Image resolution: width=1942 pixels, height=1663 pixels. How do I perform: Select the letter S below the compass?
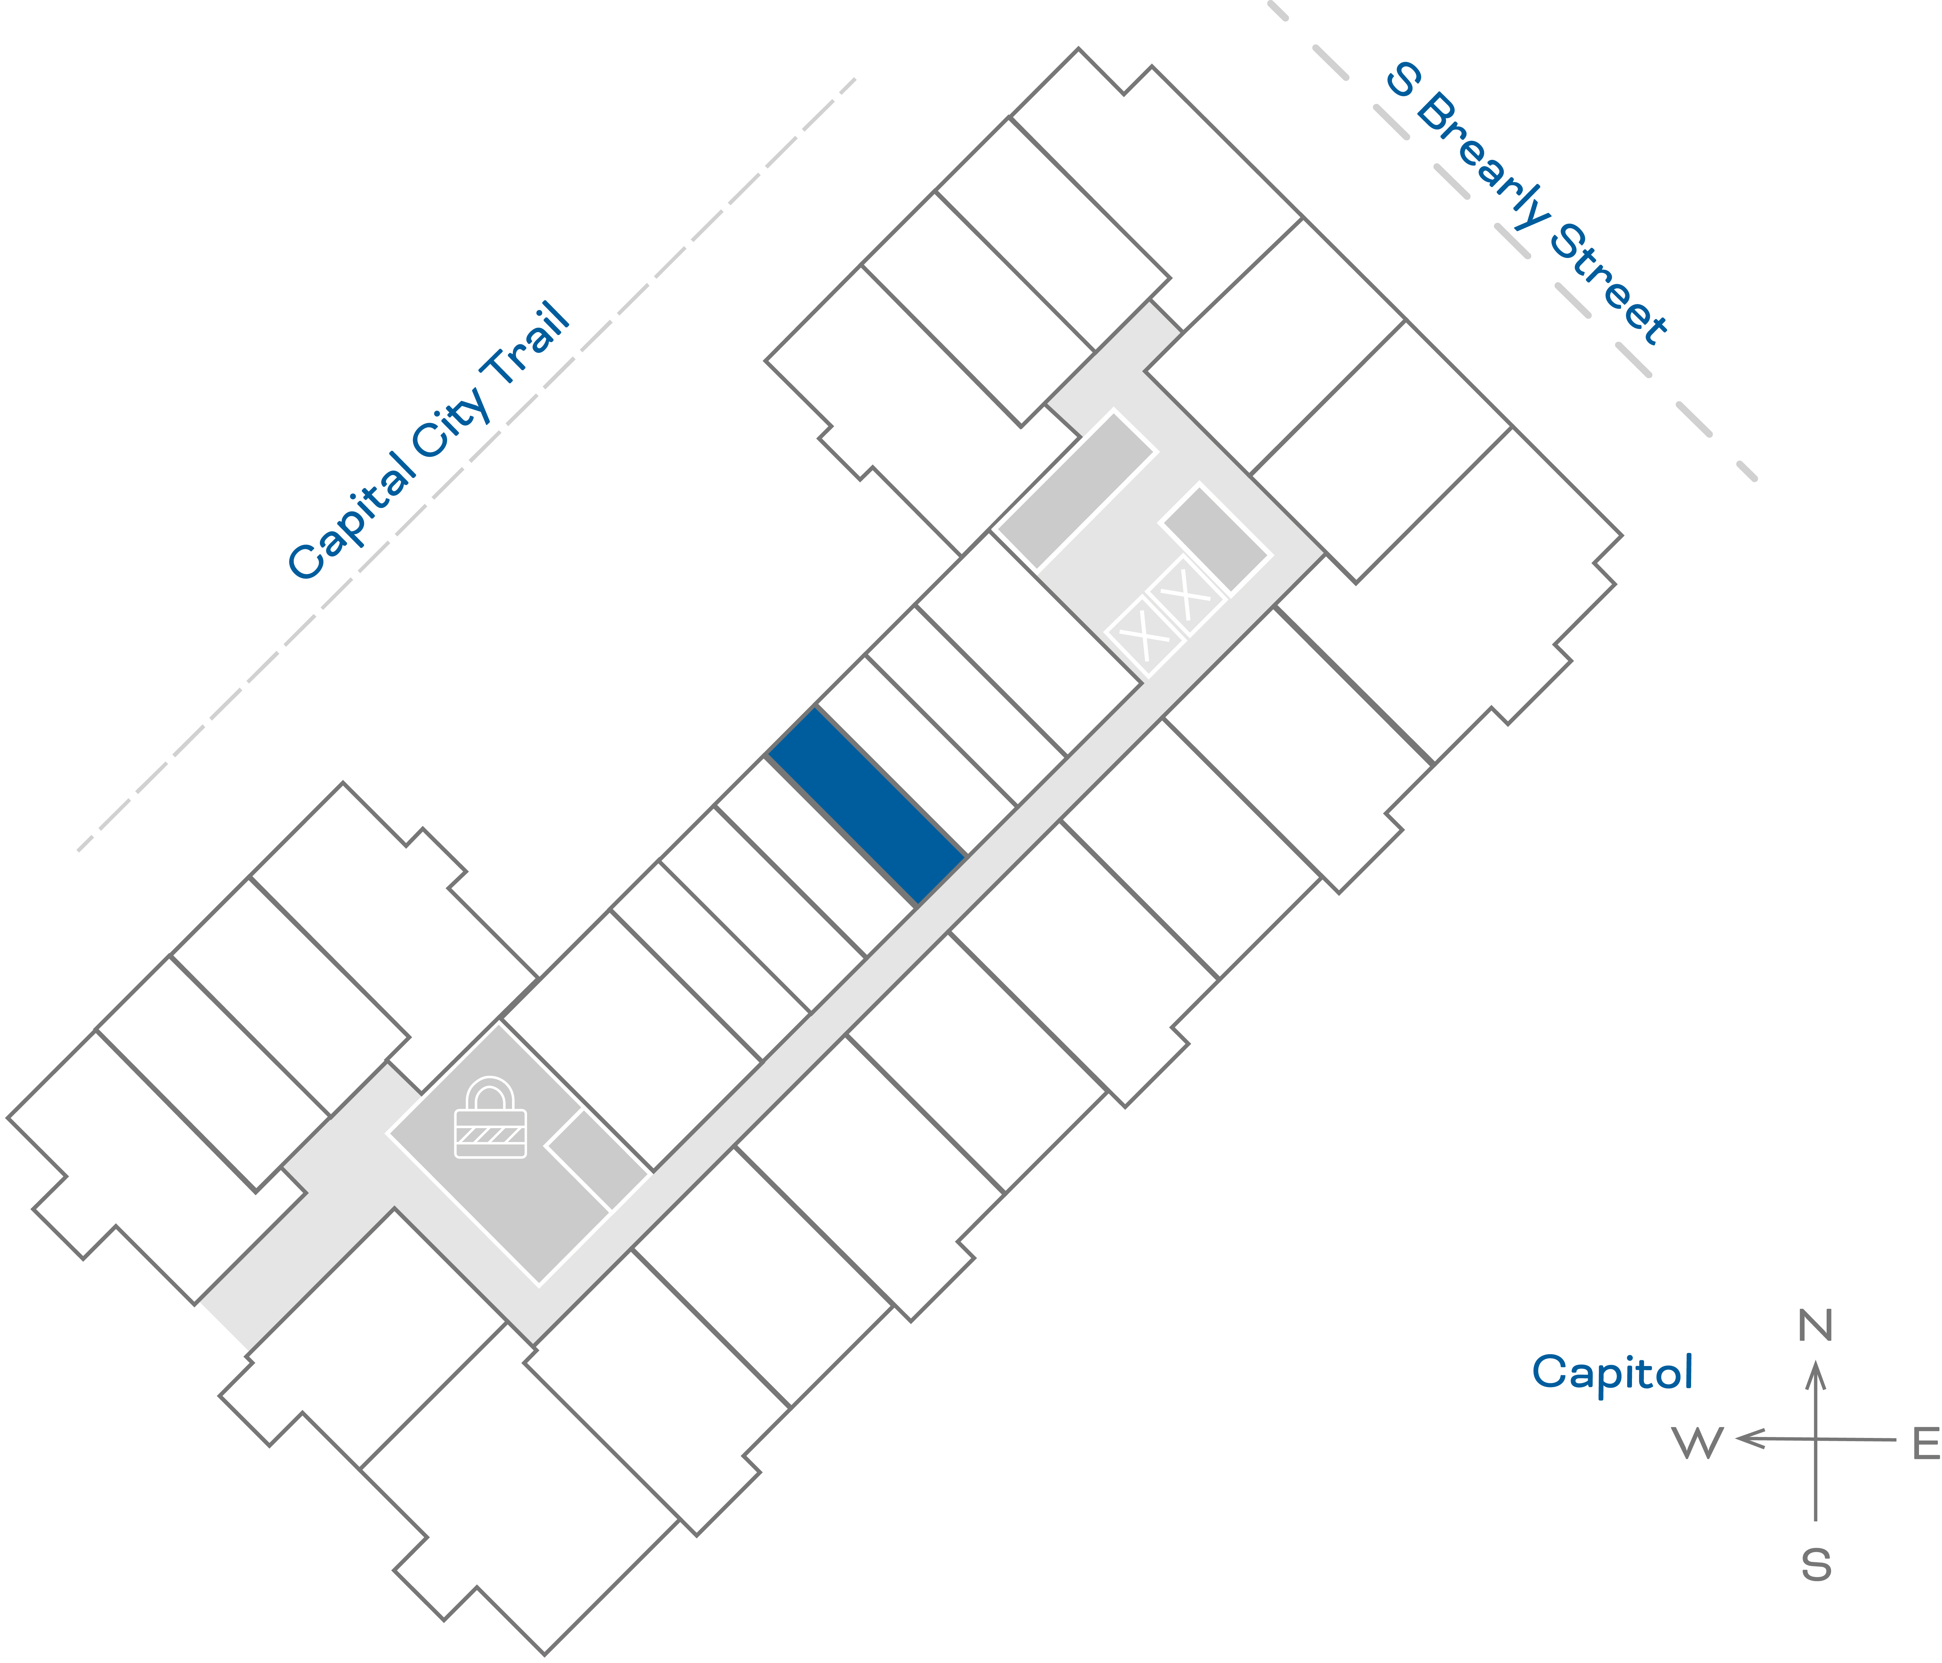tap(1815, 1565)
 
